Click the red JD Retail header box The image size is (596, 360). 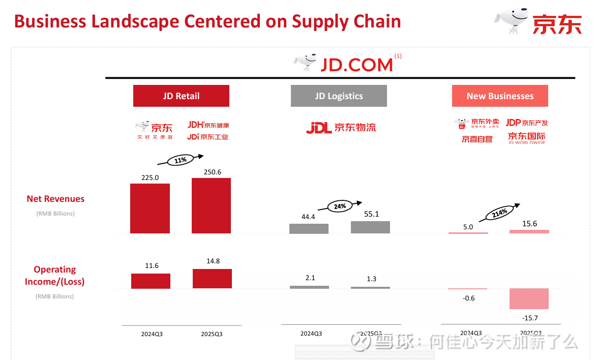pos(181,96)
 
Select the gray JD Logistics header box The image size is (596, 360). pos(339,96)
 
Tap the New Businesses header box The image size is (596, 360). pos(500,96)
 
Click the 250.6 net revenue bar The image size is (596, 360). pos(211,205)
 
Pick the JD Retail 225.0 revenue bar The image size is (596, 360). pos(150,208)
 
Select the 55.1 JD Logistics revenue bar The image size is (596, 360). pos(370,227)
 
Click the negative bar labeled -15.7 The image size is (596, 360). pos(529,298)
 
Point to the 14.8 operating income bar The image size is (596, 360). pos(212,279)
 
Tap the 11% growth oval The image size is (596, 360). pos(181,160)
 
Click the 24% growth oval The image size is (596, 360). pos(340,206)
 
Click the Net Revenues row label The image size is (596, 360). pos(55,199)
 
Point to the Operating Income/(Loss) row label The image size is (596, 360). pos(55,275)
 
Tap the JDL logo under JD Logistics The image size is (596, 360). pos(341,128)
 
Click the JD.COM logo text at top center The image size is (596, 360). pos(356,65)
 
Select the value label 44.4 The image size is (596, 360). pos(309,217)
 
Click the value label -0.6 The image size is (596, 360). pos(468,298)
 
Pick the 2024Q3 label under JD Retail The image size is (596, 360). pos(152,334)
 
